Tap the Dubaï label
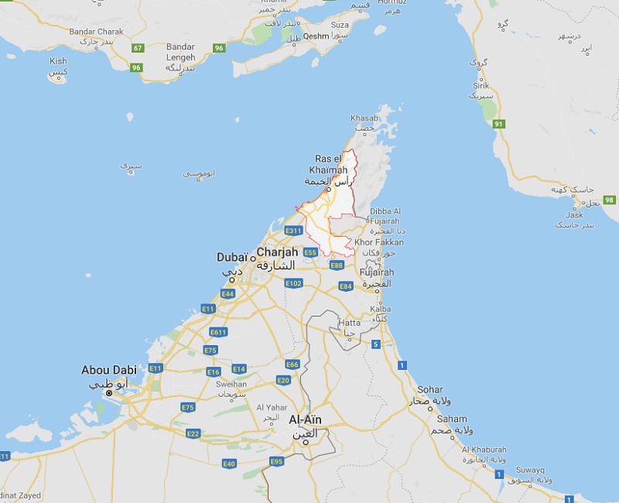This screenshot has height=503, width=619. pyautogui.click(x=232, y=257)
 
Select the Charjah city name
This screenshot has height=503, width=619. pyautogui.click(x=277, y=252)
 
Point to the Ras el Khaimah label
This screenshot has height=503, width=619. pyautogui.click(x=333, y=164)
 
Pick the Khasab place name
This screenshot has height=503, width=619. pyautogui.click(x=364, y=118)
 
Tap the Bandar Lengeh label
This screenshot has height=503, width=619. pyautogui.click(x=180, y=52)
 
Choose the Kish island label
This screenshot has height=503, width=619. pyautogui.click(x=58, y=61)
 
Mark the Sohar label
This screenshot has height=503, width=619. pyautogui.click(x=430, y=389)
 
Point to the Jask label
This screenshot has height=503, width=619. pyautogui.click(x=574, y=215)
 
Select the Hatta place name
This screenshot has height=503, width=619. pyautogui.click(x=349, y=323)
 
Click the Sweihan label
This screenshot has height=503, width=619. pyautogui.click(x=232, y=384)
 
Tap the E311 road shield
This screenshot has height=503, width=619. pyautogui.click(x=293, y=231)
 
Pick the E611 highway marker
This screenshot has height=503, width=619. pyautogui.click(x=218, y=332)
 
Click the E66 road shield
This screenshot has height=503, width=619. pyautogui.click(x=292, y=364)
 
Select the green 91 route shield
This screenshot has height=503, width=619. pyautogui.click(x=499, y=124)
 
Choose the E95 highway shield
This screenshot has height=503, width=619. pyautogui.click(x=277, y=462)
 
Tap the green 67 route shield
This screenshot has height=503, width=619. pyautogui.click(x=138, y=48)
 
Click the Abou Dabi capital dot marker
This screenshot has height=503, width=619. pyautogui.click(x=109, y=393)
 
